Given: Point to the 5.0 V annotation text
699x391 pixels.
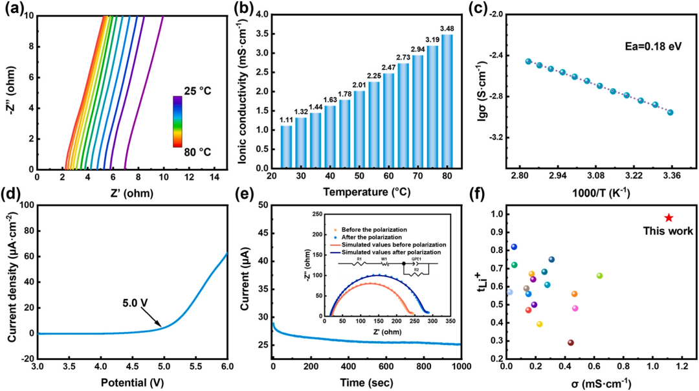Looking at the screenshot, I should click(x=139, y=300).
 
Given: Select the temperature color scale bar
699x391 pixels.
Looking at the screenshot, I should click(x=177, y=122).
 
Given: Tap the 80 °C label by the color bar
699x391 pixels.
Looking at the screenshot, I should click(x=195, y=153).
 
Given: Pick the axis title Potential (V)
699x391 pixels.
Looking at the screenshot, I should click(x=133, y=382).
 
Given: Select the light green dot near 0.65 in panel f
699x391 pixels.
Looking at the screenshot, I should click(x=599, y=276).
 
